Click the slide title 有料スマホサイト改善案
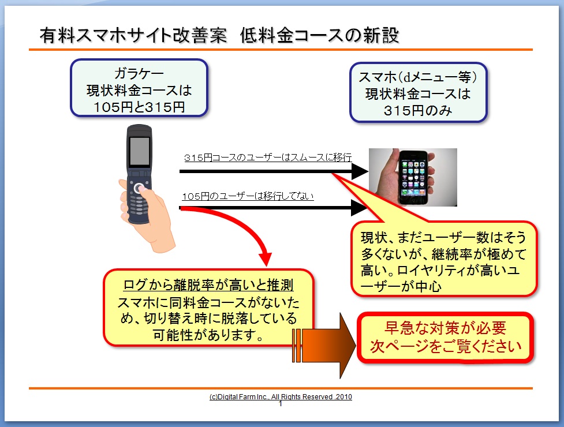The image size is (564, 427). pyautogui.click(x=133, y=35)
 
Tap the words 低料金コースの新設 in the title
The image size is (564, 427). pyautogui.click(x=319, y=35)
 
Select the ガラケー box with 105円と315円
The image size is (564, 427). pyautogui.click(x=139, y=88)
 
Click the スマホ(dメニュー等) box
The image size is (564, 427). pyautogui.click(x=419, y=92)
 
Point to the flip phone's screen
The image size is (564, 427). pyautogui.click(x=140, y=151)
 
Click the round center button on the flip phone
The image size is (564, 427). pyautogui.click(x=139, y=188)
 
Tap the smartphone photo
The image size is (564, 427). pyautogui.click(x=413, y=177)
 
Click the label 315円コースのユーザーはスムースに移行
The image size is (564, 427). pyautogui.click(x=268, y=158)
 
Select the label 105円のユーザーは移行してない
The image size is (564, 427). pyautogui.click(x=248, y=196)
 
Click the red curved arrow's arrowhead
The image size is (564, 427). pyautogui.click(x=266, y=258)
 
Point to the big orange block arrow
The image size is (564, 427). pyautogui.click(x=324, y=346)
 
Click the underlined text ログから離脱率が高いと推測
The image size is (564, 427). pyautogui.click(x=208, y=285)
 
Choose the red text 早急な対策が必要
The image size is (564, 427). pyautogui.click(x=445, y=328)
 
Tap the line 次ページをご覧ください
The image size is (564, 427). pyautogui.click(x=446, y=346)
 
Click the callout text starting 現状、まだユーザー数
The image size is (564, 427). pyautogui.click(x=444, y=261)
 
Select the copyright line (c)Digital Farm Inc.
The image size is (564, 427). pyautogui.click(x=281, y=397)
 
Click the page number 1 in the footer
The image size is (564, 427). pyautogui.click(x=281, y=404)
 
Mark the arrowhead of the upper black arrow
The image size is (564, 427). pyautogui.click(x=359, y=171)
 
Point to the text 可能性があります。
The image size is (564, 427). pyautogui.click(x=208, y=335)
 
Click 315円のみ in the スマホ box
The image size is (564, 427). pyautogui.click(x=418, y=111)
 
